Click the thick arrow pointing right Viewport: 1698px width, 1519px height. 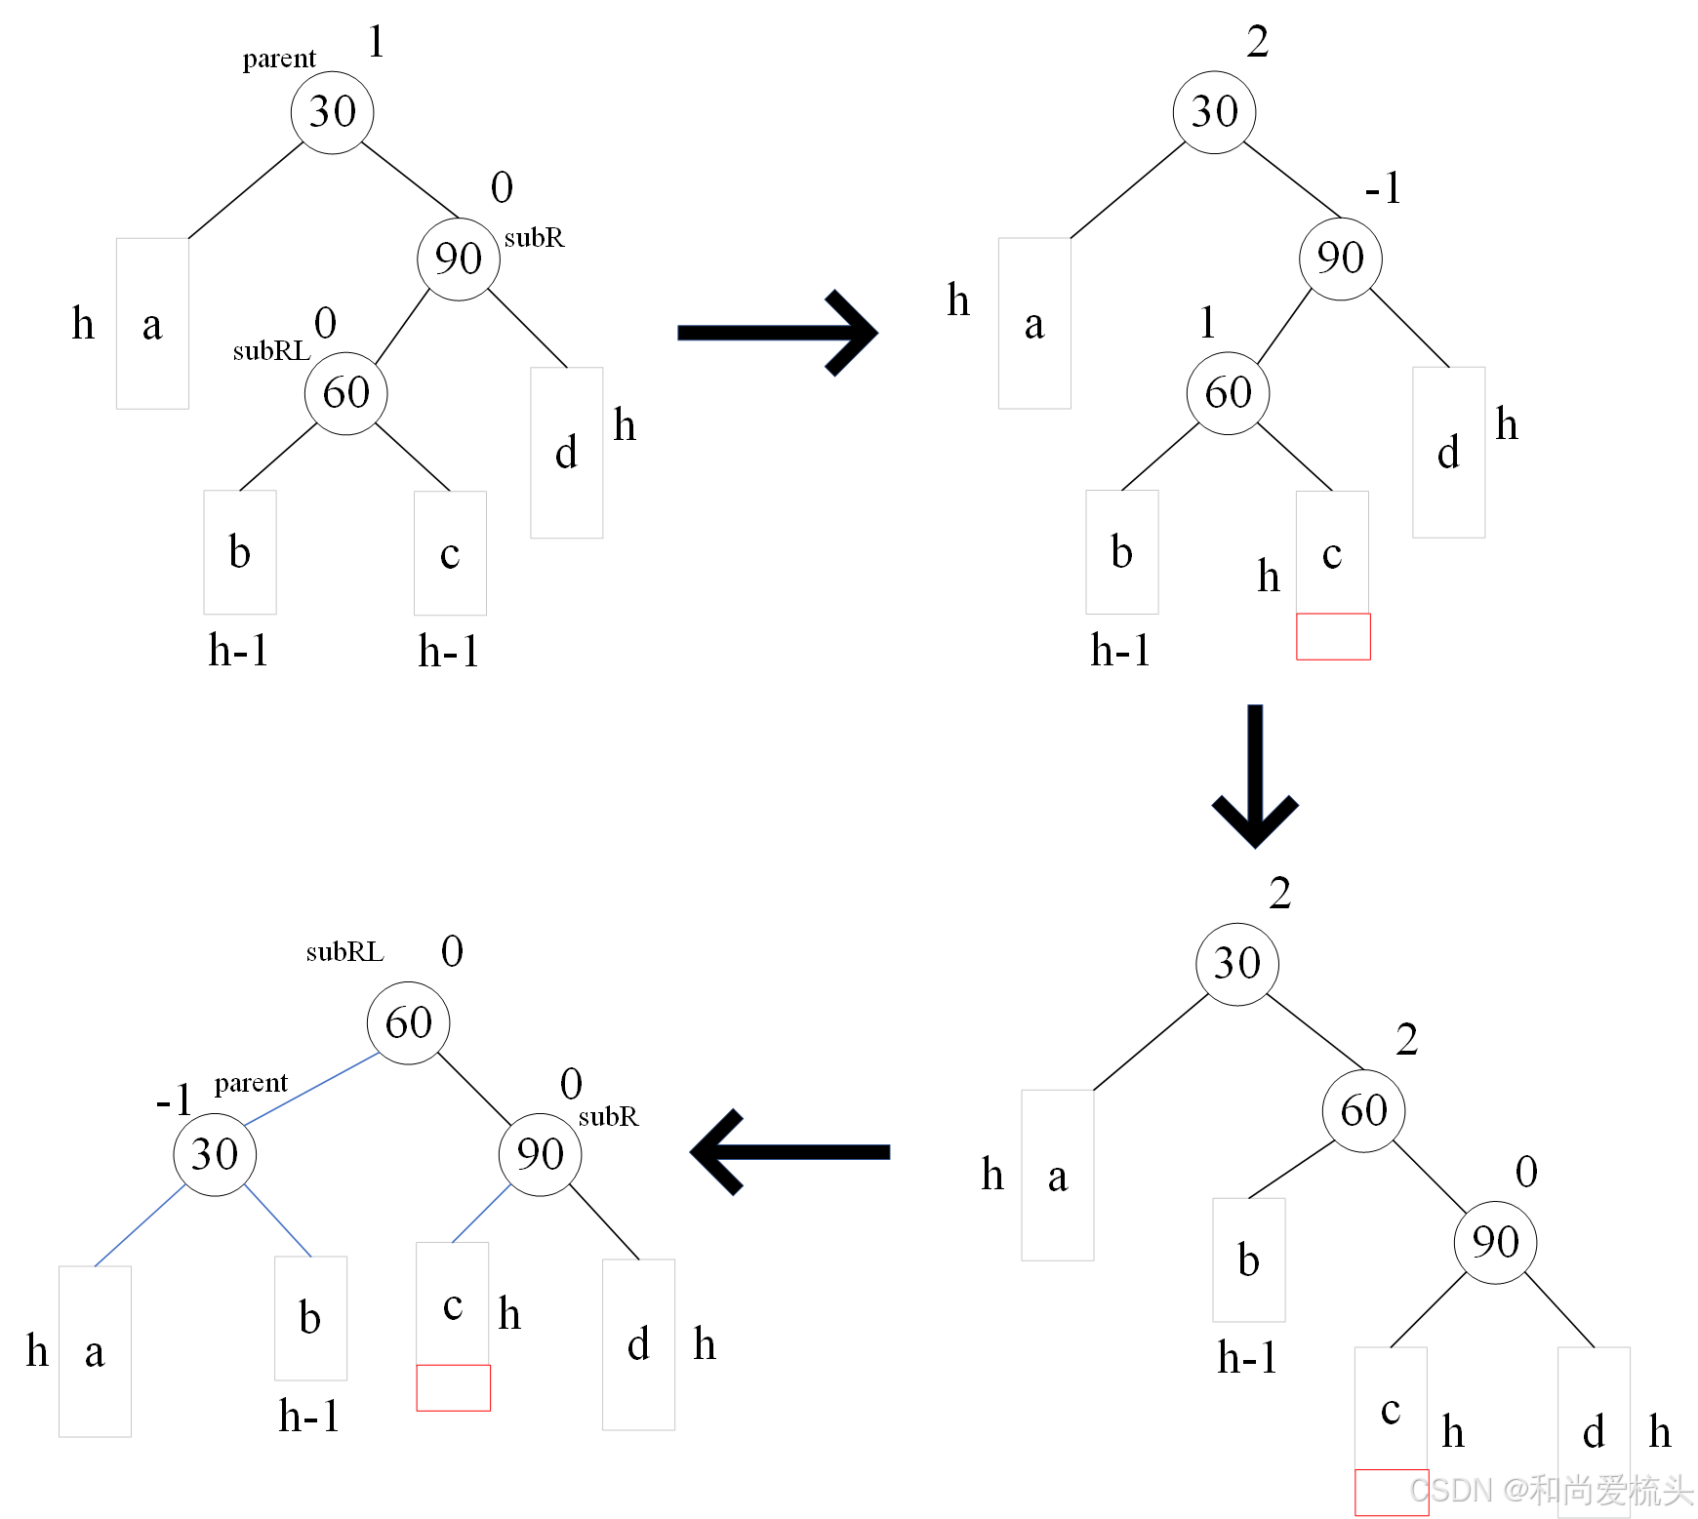coord(776,333)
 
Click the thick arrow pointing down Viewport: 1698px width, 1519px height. coord(1255,776)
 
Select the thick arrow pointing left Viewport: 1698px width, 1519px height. coord(790,1152)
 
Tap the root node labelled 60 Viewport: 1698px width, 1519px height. coord(408,1022)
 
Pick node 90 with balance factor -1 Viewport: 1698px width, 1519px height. coord(1340,259)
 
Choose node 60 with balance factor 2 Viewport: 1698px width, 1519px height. coord(1363,1110)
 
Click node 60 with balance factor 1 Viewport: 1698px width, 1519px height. coord(1228,393)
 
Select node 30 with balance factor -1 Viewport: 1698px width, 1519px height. coord(215,1155)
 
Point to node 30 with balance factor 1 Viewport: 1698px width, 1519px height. coord(332,112)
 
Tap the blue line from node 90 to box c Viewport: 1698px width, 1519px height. coord(482,1213)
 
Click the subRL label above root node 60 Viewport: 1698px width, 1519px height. coord(344,952)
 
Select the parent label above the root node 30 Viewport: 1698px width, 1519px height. coord(279,60)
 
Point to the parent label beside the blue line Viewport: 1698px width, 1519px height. coord(251,1083)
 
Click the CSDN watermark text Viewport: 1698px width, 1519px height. coord(1551,1490)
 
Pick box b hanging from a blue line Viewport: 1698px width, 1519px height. coord(310,1317)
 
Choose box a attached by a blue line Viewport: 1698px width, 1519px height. coord(95,1351)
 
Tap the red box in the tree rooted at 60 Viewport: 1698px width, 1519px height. coord(453,1387)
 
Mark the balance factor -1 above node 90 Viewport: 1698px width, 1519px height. coord(1383,187)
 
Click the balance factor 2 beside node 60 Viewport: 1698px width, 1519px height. coord(1406,1040)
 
